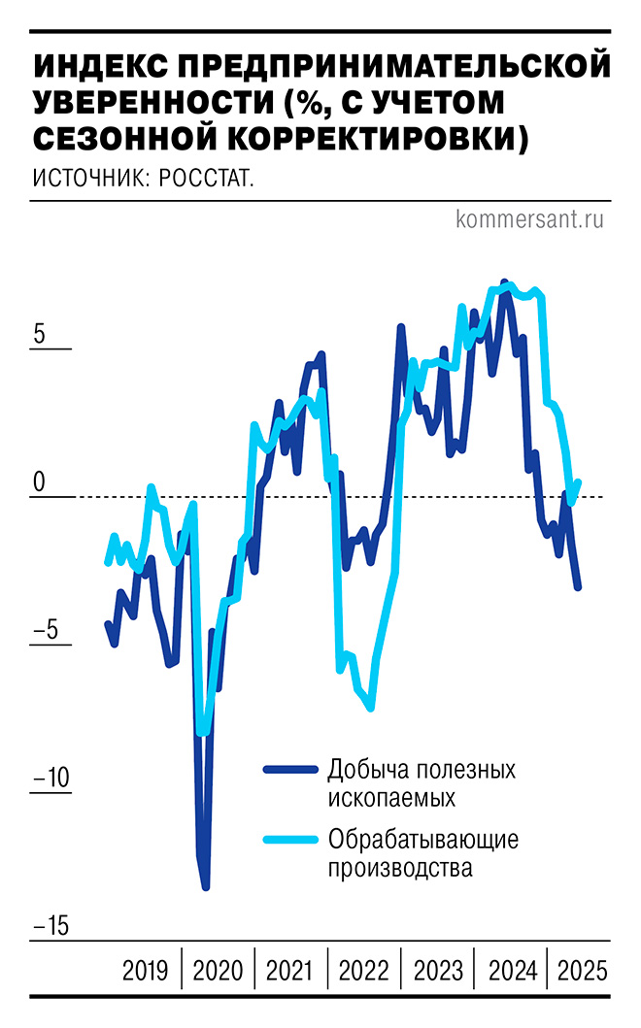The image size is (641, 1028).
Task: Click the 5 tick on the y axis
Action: [39, 333]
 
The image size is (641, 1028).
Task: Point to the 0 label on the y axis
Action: [39, 481]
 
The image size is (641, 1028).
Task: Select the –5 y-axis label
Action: [48, 630]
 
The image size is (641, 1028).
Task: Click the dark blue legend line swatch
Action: [290, 770]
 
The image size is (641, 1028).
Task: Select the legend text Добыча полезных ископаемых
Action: [421, 782]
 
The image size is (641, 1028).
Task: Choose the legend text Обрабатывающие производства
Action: [422, 852]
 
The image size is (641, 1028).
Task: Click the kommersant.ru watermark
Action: [529, 219]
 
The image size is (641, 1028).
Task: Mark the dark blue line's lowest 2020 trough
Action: [206, 886]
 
